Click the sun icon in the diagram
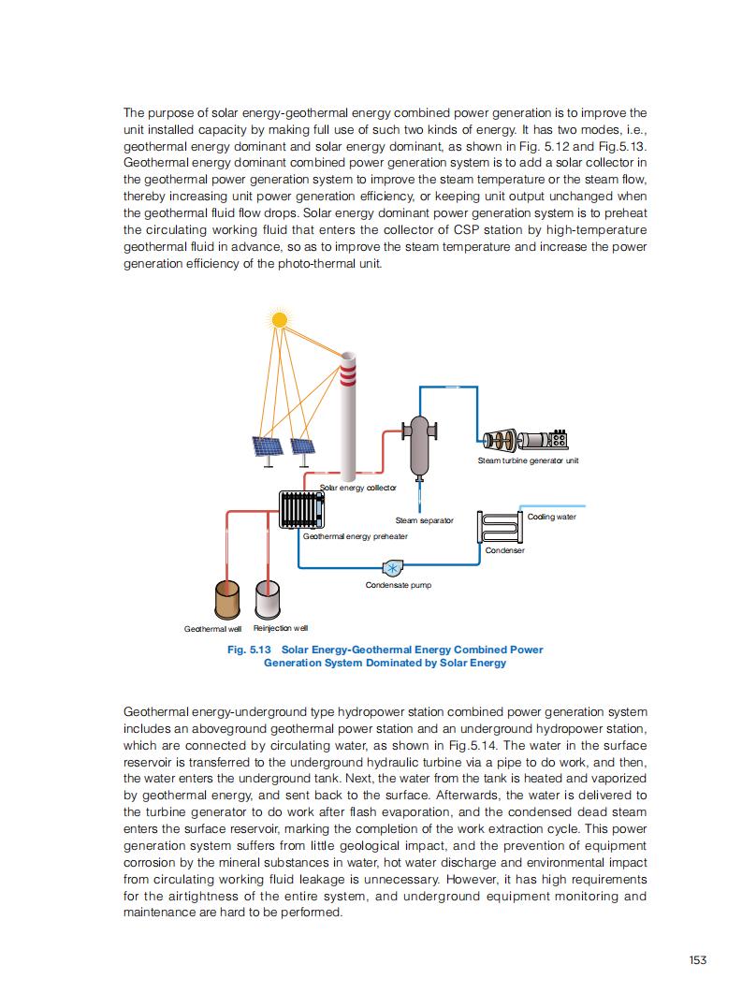279,319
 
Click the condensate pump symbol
392,567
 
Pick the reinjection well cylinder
269,599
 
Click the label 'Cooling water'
552,517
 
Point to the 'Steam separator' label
424,520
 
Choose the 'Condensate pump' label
398,585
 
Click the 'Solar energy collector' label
358,488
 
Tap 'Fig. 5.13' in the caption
248,650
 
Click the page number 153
697,959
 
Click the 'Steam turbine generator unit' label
529,460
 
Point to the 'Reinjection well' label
281,628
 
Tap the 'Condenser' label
505,550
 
